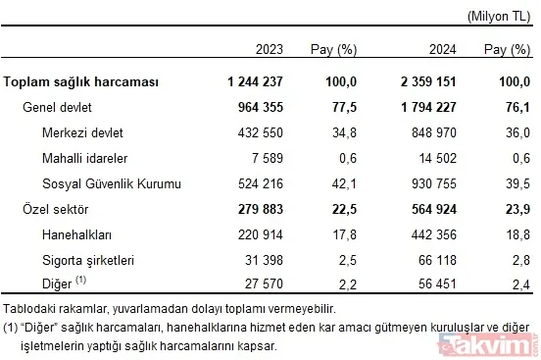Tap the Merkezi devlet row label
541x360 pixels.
point(83,131)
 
